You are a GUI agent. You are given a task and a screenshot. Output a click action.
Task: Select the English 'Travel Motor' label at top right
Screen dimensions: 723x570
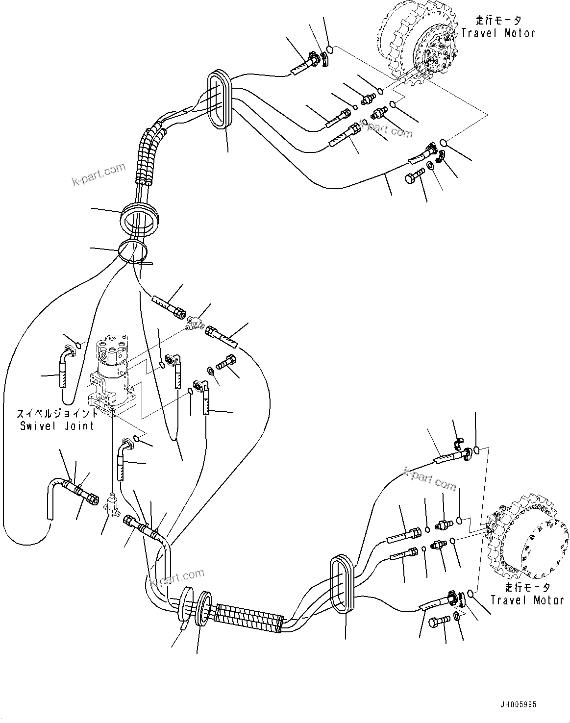pos(498,33)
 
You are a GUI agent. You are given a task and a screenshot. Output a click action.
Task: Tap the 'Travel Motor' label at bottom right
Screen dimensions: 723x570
pos(527,600)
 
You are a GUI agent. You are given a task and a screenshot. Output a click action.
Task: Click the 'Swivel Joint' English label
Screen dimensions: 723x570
pos(57,425)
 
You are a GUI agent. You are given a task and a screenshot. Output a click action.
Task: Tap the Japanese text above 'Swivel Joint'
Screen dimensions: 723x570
pos(57,413)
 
